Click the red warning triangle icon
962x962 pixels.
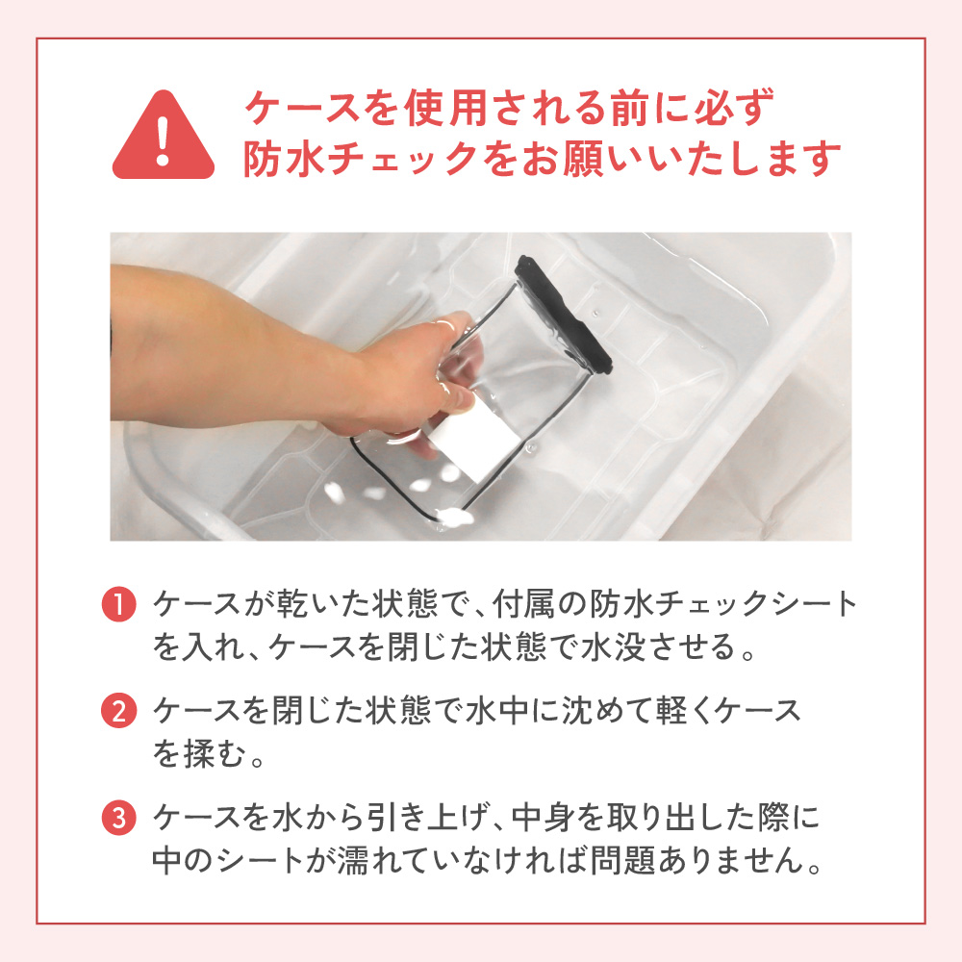[164, 138]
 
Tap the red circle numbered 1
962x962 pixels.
[118, 604]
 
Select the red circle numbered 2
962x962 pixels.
[118, 711]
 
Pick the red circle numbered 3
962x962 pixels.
[118, 818]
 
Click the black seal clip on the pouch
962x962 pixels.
[563, 315]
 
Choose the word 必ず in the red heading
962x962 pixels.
[734, 108]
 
